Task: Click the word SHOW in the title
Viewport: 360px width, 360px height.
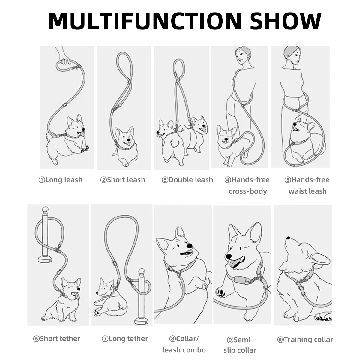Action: pos(286,21)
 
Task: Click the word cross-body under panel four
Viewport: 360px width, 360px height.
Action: pos(248,191)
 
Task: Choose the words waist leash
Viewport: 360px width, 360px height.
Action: pos(308,191)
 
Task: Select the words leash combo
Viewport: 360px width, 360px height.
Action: pos(184,350)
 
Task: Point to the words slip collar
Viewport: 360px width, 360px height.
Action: pos(240,350)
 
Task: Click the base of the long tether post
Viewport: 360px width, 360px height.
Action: pos(142,321)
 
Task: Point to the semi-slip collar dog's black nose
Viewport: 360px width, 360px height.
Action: pos(229,257)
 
